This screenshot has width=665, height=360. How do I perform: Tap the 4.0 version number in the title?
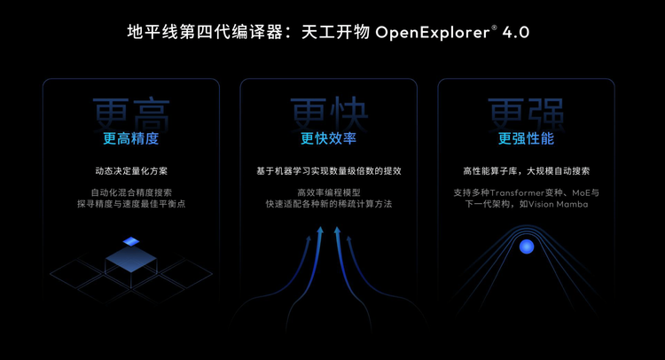[516, 34]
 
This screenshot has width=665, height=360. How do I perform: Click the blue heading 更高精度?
[131, 138]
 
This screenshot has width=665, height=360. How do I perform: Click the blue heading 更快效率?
[328, 138]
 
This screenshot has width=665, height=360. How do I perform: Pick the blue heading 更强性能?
[526, 138]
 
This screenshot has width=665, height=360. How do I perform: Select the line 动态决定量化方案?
[131, 171]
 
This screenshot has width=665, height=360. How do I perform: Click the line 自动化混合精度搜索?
[131, 192]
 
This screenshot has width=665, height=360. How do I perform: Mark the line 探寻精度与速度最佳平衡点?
[131, 204]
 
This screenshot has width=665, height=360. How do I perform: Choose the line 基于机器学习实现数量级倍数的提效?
[328, 171]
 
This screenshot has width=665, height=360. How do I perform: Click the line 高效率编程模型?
[328, 192]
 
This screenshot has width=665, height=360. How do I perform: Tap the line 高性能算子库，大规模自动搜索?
[526, 171]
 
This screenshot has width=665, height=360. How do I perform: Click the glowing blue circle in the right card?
[526, 247]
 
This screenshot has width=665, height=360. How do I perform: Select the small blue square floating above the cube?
[131, 241]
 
